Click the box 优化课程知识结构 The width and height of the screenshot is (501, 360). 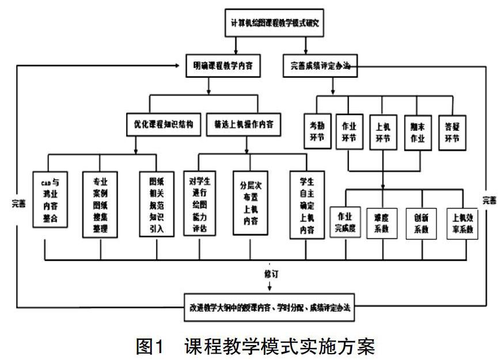[164, 124]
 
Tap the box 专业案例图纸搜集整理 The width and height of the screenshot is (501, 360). [100, 204]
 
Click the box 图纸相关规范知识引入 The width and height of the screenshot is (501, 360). [155, 204]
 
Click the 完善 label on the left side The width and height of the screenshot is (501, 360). [18, 203]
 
